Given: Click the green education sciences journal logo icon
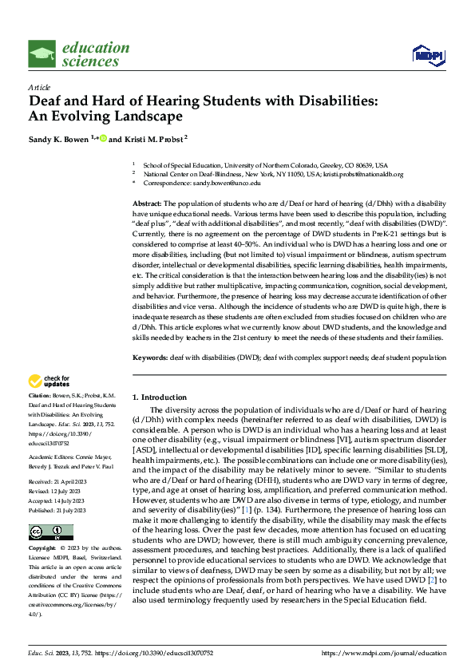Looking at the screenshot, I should [x=42, y=53].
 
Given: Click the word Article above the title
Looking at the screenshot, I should [x=39, y=87].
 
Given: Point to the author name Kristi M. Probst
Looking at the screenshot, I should [x=153, y=139].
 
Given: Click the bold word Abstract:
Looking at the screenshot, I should [x=147, y=204].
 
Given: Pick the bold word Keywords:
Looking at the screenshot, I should [x=149, y=358].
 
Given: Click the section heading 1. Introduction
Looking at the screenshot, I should [x=160, y=397].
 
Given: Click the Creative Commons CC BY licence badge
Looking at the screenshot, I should [x=50, y=532].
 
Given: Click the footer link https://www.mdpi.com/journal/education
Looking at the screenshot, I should [x=382, y=653].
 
